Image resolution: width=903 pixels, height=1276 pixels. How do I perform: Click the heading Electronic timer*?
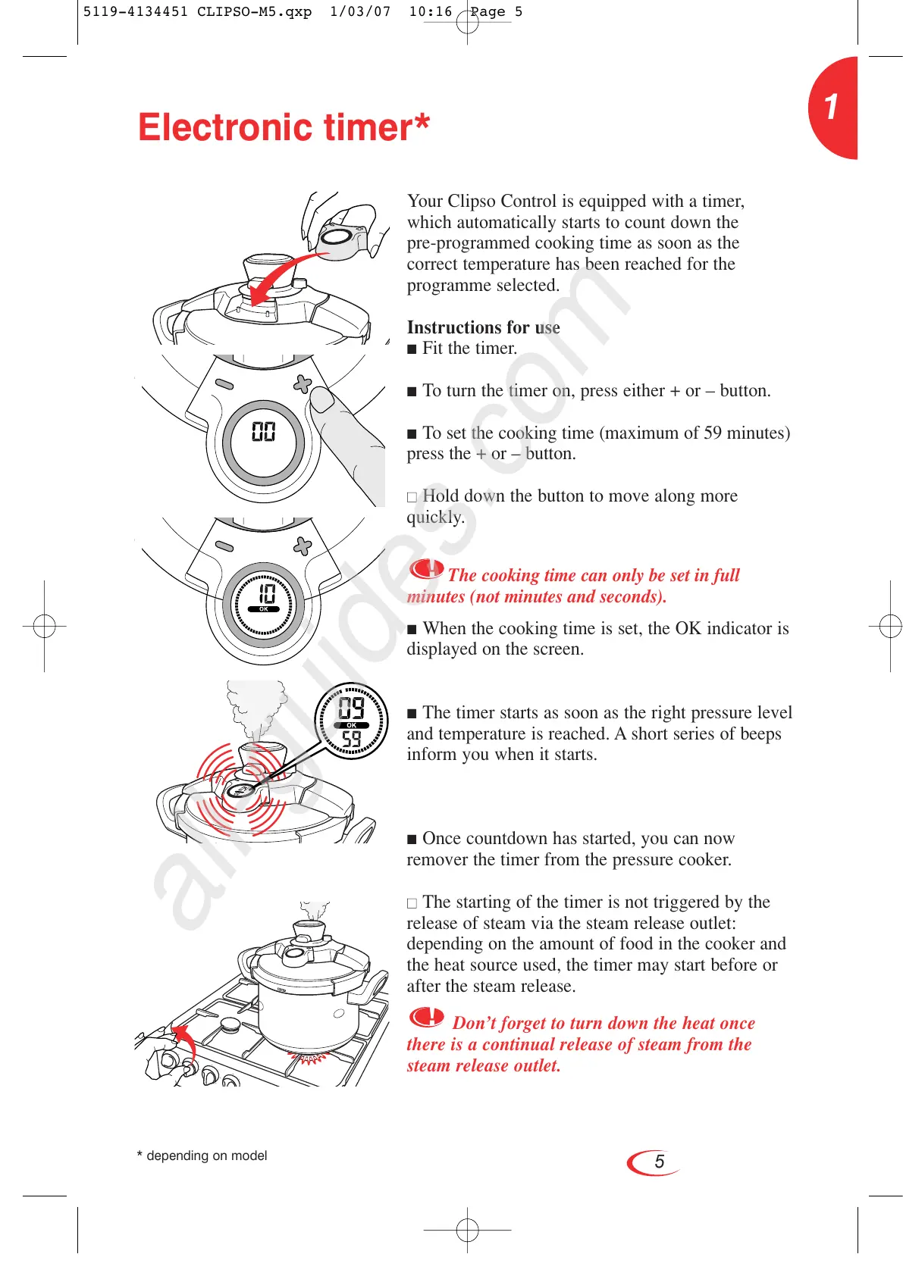[x=284, y=127]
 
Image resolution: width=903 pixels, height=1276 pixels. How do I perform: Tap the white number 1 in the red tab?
[x=832, y=107]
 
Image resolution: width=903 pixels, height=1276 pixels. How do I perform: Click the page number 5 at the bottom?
[x=659, y=1162]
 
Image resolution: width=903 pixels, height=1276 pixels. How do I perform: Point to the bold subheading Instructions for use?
[x=483, y=327]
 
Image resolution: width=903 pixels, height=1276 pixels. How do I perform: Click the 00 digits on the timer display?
[x=263, y=432]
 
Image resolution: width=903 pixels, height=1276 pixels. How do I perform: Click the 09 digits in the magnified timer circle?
[x=351, y=708]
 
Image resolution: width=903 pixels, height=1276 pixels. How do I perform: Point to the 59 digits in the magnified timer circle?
[x=351, y=739]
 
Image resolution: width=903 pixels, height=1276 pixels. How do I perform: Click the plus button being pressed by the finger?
[x=303, y=384]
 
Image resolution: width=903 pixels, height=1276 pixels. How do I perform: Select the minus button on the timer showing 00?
[x=224, y=384]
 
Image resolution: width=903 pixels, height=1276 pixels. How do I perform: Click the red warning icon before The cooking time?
[x=426, y=569]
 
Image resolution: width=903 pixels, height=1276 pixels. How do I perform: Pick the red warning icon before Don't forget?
[x=427, y=1017]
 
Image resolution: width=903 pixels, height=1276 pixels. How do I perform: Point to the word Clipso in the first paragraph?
[x=472, y=201]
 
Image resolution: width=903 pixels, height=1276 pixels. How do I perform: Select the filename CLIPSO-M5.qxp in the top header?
[x=254, y=11]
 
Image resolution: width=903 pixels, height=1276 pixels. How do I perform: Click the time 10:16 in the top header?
[x=430, y=11]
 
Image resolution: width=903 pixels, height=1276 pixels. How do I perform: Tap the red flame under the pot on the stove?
[x=309, y=1058]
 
